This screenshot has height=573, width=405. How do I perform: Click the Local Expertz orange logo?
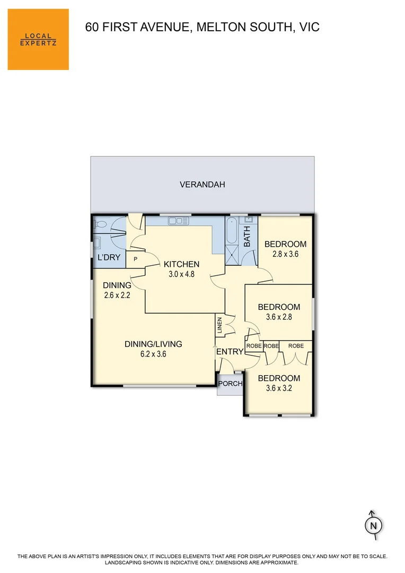point(38,39)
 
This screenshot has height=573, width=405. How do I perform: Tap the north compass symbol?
point(373,525)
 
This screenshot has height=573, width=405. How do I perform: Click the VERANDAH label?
point(202,185)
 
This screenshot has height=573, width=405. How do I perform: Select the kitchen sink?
point(175,220)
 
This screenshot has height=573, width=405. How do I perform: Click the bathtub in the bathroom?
point(232,231)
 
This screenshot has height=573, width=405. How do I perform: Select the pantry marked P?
point(135,259)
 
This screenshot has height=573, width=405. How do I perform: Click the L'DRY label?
point(109,258)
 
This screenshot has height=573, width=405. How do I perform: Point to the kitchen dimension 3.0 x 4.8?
point(181,274)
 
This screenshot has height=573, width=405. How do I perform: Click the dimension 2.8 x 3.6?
point(285,254)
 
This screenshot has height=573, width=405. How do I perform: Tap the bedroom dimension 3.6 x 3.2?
point(279,388)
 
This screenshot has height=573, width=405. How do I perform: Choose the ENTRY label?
point(230,352)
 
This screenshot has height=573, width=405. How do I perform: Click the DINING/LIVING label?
point(153,344)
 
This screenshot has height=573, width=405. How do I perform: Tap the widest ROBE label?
point(296,345)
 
